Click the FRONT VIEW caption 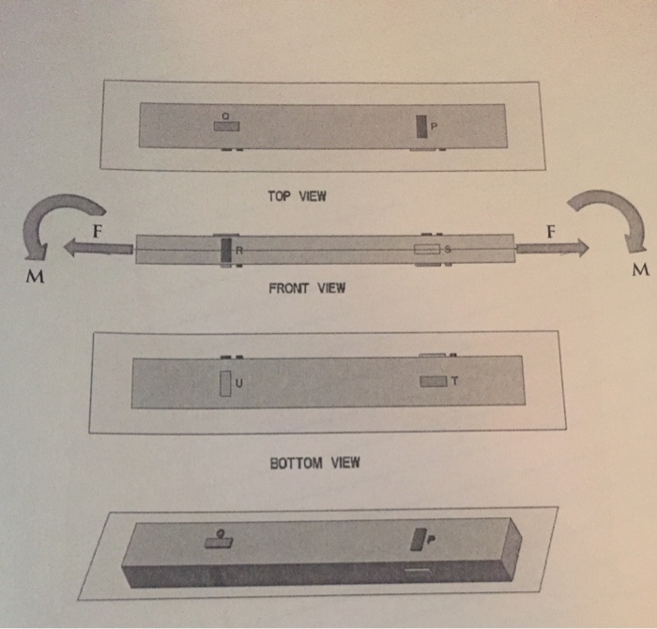click(x=307, y=288)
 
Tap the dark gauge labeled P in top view click(x=422, y=126)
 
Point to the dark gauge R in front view click(x=225, y=250)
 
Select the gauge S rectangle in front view click(x=426, y=250)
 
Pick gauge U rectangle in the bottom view click(x=225, y=384)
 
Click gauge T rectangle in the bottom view click(x=434, y=381)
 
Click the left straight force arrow click(x=99, y=247)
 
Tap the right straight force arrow click(x=552, y=247)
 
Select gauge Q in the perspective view click(x=219, y=542)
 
